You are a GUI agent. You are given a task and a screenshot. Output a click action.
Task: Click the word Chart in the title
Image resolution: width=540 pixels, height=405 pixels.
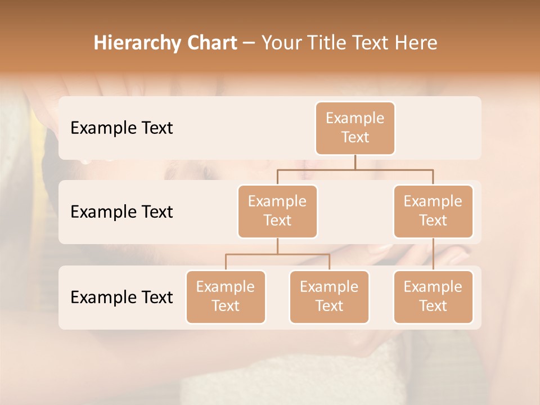[209, 43]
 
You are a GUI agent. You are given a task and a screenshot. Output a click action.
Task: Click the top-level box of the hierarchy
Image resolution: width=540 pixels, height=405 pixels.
[355, 128]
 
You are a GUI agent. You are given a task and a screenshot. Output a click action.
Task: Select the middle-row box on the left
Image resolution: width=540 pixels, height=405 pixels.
[277, 211]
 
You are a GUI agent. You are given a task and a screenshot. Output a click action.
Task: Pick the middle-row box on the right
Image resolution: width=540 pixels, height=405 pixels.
[433, 211]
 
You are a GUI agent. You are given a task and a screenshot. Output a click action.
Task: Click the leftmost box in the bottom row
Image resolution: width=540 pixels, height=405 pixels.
[226, 296]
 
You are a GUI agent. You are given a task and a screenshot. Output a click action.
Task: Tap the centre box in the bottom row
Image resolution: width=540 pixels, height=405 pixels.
[329, 296]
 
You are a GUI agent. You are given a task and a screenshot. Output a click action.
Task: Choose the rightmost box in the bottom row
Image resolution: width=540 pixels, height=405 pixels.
[433, 296]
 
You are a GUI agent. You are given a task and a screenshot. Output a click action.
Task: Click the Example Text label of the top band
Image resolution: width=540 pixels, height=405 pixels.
[121, 128]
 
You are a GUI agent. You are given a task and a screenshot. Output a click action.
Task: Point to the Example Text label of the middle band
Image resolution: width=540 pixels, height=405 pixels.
[121, 211]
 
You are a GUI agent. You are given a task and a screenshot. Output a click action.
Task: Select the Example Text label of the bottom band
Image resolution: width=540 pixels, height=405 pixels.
[121, 297]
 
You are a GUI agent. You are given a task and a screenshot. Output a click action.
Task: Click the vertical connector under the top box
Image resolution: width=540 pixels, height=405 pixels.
[355, 162]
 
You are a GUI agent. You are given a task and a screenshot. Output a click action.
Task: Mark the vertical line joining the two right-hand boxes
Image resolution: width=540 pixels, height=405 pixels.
[433, 254]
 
